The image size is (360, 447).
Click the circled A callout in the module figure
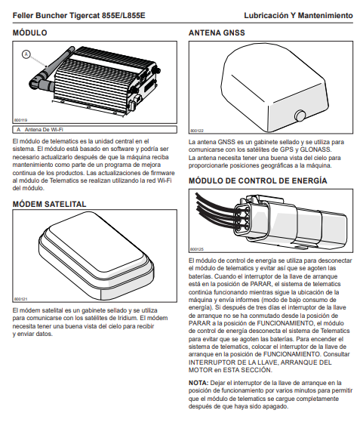26,54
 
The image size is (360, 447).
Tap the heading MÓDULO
29,32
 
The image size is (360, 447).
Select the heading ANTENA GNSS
217,32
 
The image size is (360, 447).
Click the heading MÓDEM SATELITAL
49,204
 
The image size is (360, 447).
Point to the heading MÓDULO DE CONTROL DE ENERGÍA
257,180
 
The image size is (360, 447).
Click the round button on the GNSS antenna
300,116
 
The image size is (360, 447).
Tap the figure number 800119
20,120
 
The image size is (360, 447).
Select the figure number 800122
197,131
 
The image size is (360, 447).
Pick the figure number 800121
20,299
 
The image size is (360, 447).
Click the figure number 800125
197,249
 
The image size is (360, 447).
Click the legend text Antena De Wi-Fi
44,130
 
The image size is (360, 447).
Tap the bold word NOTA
198,383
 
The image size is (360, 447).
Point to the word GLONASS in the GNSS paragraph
315,150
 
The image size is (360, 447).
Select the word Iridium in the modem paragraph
127,318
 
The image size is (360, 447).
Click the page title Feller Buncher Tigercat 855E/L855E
79,15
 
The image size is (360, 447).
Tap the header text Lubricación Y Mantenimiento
298,15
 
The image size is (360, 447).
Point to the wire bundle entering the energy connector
216,211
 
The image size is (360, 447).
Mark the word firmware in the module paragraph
162,173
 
